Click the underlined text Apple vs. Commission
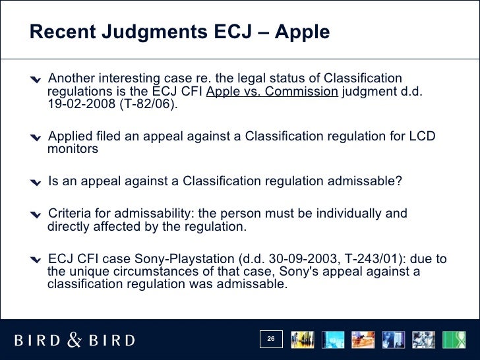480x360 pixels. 272,92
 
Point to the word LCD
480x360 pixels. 423,136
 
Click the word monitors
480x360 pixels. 73,149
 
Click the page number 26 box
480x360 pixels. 270,340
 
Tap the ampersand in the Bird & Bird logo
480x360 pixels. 75,340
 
